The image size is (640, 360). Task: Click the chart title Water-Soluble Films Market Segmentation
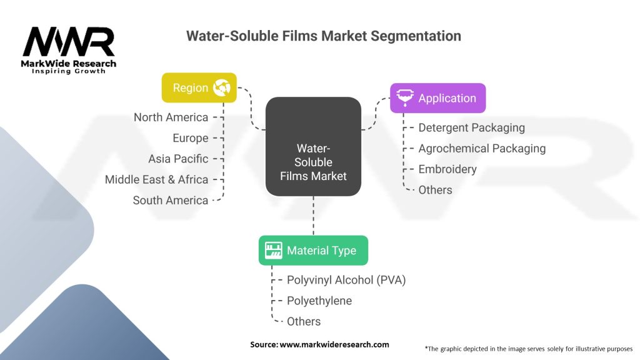(x=323, y=36)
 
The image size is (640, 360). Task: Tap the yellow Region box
(x=199, y=87)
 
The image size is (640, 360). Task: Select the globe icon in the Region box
(x=221, y=87)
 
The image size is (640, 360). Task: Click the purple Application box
(x=437, y=98)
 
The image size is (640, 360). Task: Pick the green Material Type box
(x=313, y=251)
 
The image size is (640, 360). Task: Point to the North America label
(x=171, y=117)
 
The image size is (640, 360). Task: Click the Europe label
(x=190, y=138)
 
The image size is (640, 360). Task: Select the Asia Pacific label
(x=178, y=159)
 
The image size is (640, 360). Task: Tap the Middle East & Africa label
(x=156, y=179)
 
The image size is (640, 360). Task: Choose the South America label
(x=170, y=200)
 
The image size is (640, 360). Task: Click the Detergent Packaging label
(x=471, y=127)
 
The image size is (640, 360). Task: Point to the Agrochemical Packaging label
(x=482, y=148)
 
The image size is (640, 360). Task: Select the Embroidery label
(x=447, y=169)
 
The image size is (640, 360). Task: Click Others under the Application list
(x=435, y=189)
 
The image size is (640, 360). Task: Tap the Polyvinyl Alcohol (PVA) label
(x=346, y=280)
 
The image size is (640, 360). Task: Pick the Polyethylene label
(x=319, y=301)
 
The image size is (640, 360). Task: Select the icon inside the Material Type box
(x=273, y=251)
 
